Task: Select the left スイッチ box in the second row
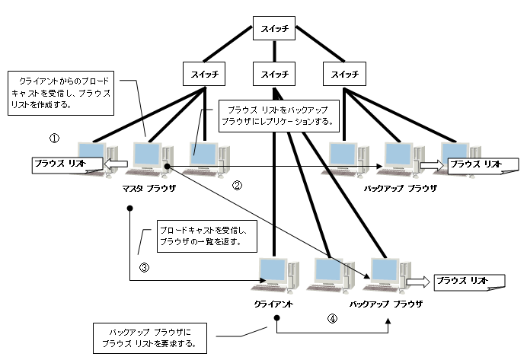203,74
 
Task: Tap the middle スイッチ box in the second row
274,74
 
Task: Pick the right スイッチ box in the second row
340,74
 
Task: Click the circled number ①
54,139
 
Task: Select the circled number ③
144,267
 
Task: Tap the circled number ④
332,320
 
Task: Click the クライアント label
274,303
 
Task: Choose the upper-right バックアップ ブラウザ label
400,186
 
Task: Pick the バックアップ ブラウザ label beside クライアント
385,303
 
